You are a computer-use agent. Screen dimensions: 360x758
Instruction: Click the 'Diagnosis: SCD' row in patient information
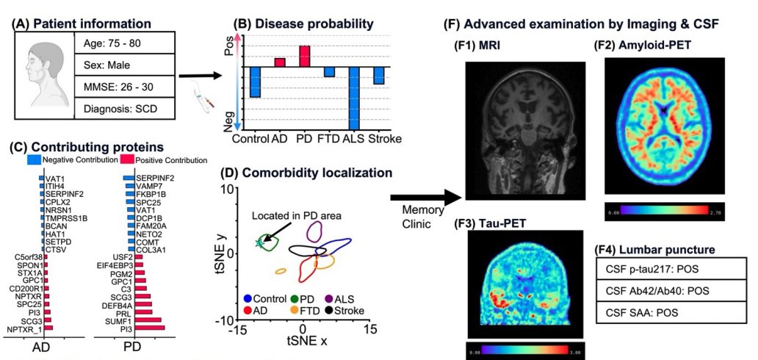[x=124, y=109]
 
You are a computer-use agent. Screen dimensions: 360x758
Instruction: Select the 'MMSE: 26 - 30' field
[x=124, y=85]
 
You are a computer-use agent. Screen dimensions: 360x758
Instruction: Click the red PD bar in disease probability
[x=304, y=57]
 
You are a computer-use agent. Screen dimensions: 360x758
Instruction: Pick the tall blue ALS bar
[x=353, y=97]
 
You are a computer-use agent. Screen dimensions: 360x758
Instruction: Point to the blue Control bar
[x=255, y=82]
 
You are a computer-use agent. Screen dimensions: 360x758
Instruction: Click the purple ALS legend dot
[x=328, y=300]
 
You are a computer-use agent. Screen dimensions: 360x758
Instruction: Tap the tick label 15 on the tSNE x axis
[x=371, y=328]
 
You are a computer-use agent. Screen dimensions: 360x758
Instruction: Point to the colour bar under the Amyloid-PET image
[x=665, y=211]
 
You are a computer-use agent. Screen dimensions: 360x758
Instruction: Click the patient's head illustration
[x=43, y=73]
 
